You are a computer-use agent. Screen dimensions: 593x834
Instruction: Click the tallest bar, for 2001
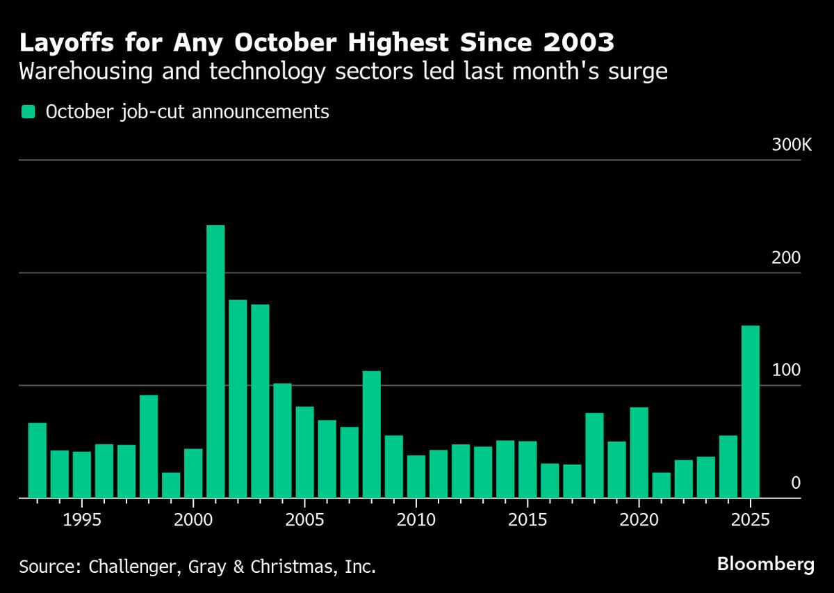pos(215,362)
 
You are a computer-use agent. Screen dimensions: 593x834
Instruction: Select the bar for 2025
pos(751,412)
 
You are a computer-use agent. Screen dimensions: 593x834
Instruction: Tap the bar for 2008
pos(372,434)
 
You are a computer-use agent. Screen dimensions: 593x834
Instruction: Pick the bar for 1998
pos(149,446)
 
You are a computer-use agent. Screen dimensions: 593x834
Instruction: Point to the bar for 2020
pos(639,453)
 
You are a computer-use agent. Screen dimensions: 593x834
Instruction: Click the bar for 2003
pos(260,401)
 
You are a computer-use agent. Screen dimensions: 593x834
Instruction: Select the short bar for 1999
pos(171,485)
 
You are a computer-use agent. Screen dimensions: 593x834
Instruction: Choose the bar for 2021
pos(662,485)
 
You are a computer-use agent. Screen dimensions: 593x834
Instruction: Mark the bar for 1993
pos(38,460)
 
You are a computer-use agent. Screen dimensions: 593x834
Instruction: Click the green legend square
pos(28,112)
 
